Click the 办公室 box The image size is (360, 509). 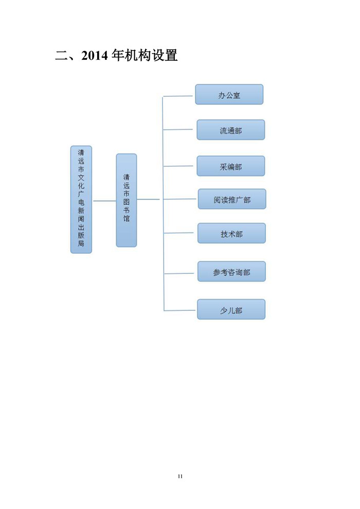coord(229,95)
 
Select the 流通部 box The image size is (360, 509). coord(230,130)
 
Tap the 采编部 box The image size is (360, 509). coord(230,166)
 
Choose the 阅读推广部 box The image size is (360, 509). coord(232,199)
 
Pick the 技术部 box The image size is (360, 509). coord(231,233)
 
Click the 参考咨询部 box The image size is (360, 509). coord(231,271)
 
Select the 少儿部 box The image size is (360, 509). coord(231,309)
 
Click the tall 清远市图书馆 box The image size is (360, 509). coord(127,200)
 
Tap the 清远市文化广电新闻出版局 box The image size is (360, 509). coord(81,199)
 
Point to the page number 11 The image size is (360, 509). coord(181,476)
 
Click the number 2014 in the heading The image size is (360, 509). coord(95,56)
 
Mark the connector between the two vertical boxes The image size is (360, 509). coord(104,201)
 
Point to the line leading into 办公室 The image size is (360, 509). coord(178,96)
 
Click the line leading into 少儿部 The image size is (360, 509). coord(181,310)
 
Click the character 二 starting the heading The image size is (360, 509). coord(61,56)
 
